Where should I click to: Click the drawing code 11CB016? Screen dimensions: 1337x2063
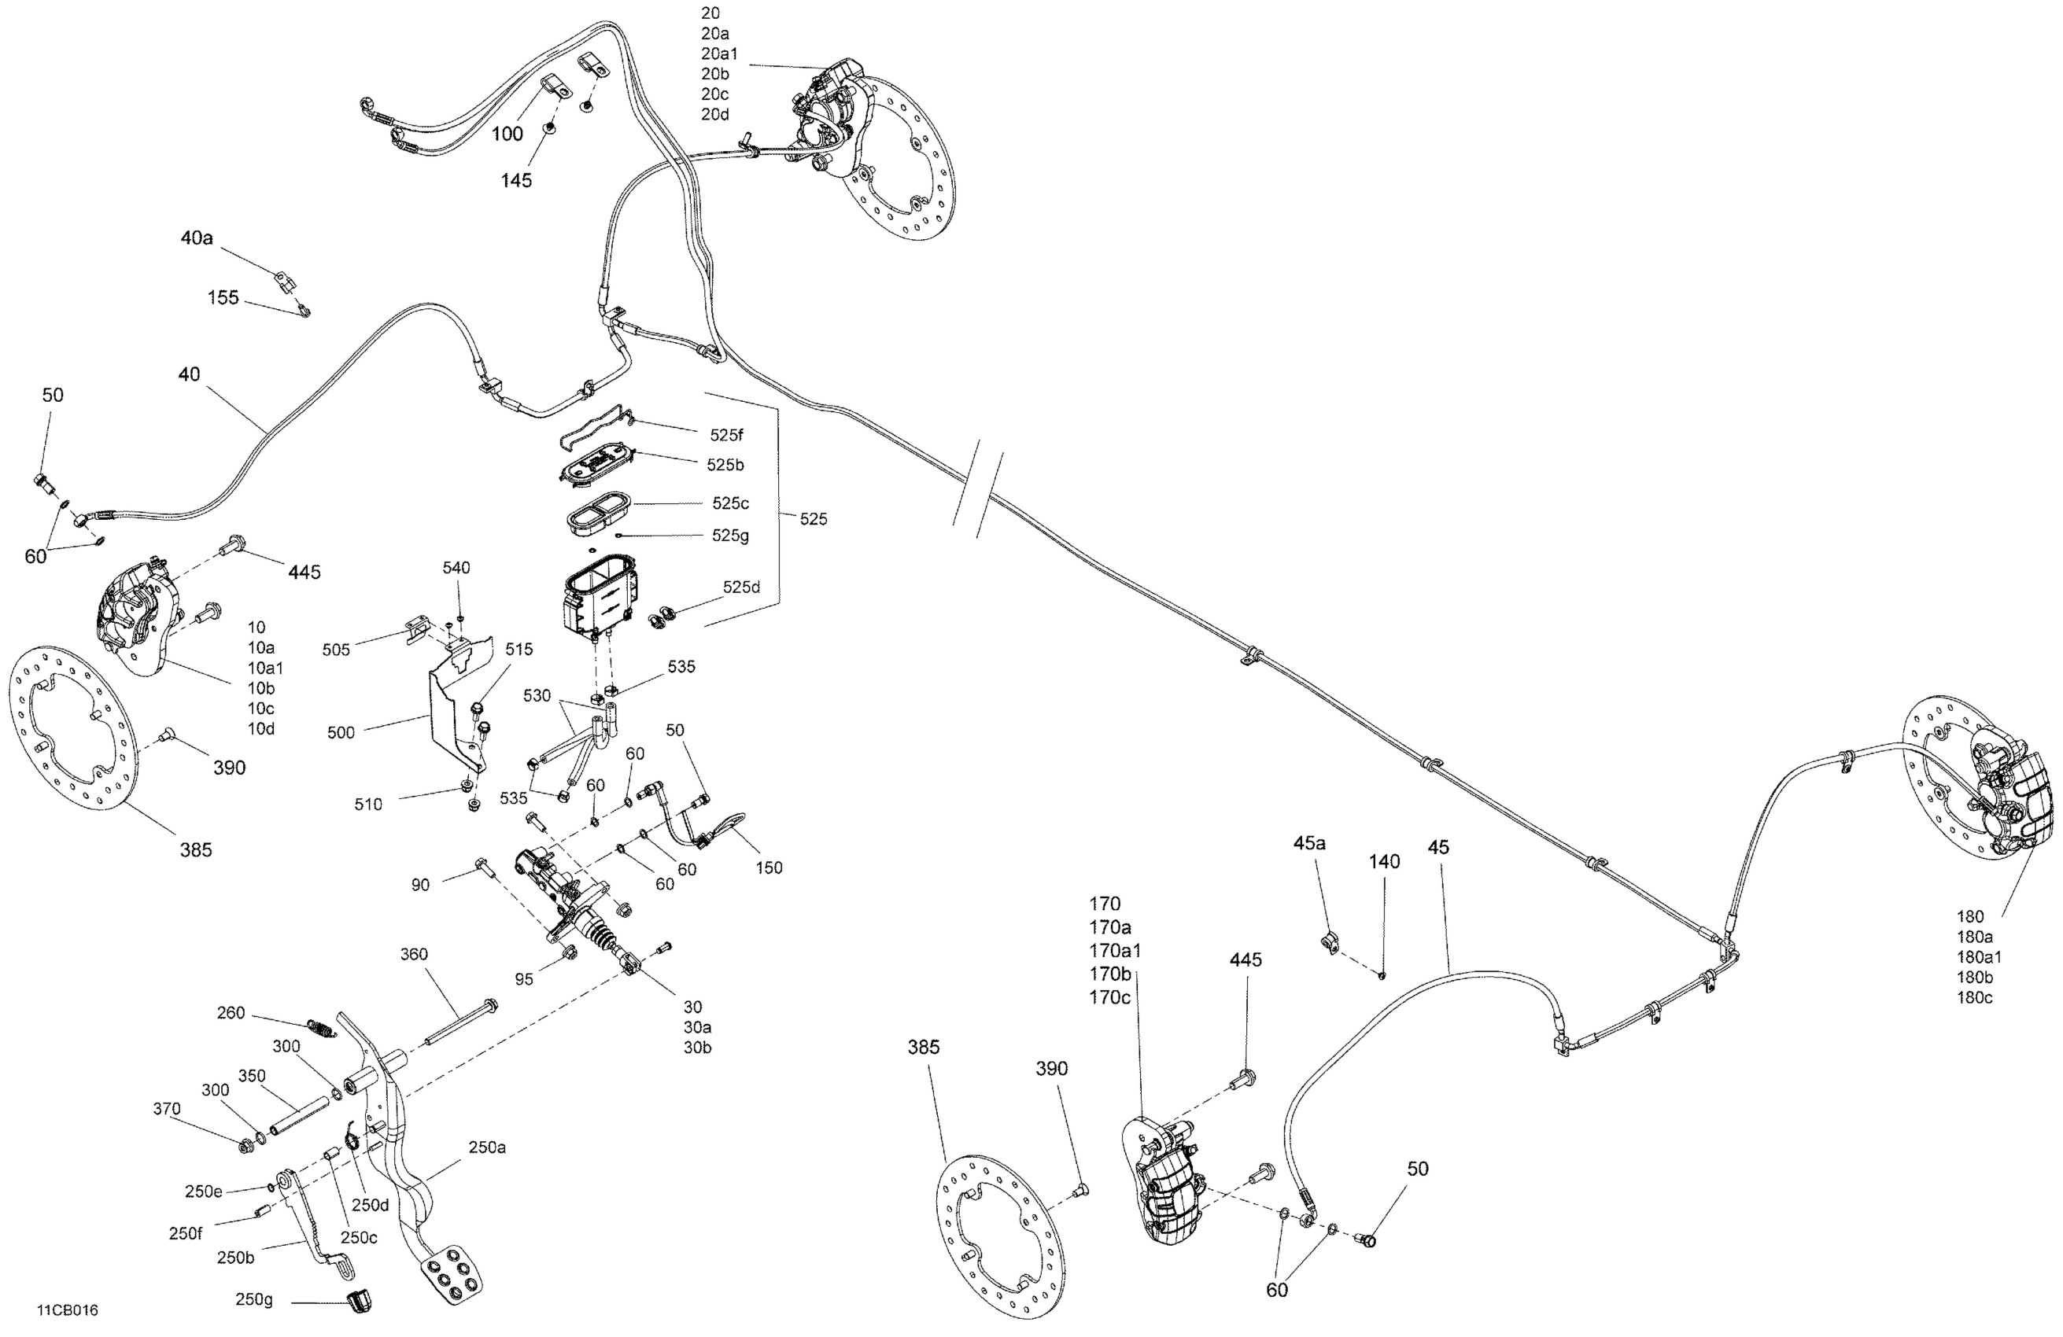67,1310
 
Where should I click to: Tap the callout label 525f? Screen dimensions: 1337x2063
726,435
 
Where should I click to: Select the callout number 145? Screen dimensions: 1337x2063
516,180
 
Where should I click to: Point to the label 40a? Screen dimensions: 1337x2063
197,238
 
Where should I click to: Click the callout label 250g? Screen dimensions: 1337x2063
254,1300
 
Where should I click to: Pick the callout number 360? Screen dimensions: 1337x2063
414,954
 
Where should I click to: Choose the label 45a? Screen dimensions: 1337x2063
1309,842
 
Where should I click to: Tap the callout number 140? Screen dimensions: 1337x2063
1384,861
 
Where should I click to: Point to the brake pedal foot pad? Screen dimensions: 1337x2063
450,1275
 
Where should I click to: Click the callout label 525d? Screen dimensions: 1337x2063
741,587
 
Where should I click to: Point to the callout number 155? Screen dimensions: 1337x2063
223,297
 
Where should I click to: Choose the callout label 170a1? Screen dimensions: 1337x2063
1115,951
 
